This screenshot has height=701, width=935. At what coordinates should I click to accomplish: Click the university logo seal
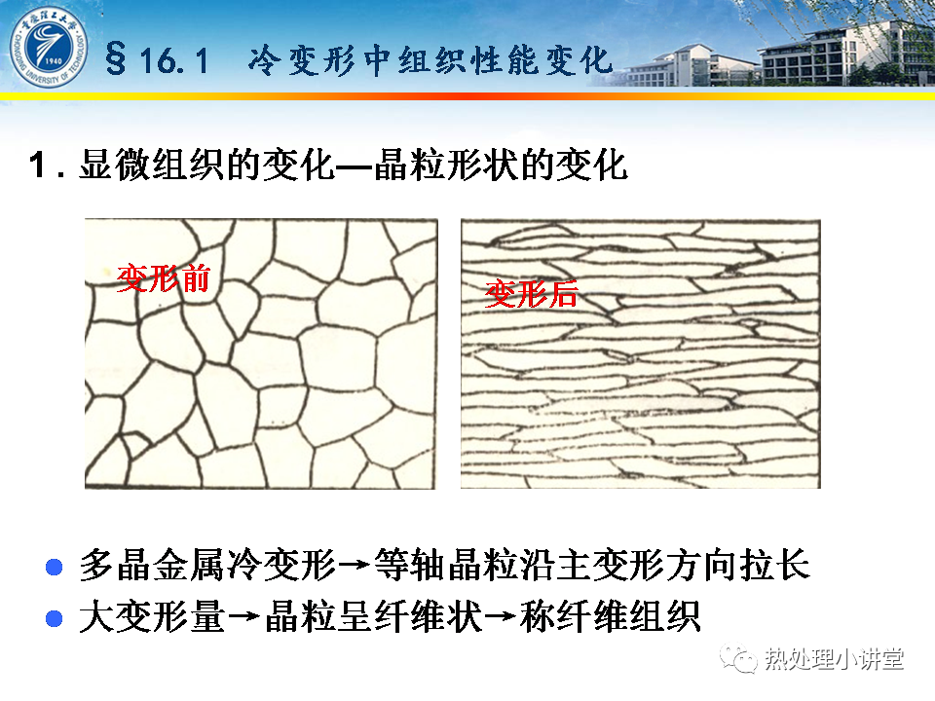[x=49, y=47]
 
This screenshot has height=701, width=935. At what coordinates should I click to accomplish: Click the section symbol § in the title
[x=116, y=59]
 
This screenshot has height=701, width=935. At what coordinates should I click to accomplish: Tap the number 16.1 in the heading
[x=174, y=60]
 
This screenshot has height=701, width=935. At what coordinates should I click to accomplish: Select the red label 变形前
[x=164, y=279]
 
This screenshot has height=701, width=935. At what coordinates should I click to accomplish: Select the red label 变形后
[x=532, y=294]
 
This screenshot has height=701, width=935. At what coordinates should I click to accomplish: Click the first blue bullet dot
[x=55, y=567]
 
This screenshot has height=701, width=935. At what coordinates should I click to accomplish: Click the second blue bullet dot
[x=55, y=618]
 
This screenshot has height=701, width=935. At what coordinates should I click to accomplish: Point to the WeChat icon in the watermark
[x=738, y=659]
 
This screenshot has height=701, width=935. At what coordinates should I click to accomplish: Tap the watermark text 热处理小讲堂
[x=835, y=659]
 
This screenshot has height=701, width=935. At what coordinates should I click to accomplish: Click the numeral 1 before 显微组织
[x=38, y=165]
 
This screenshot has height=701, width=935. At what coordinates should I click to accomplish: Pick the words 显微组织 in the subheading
[x=153, y=165]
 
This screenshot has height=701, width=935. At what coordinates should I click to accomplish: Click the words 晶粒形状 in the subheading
[x=447, y=165]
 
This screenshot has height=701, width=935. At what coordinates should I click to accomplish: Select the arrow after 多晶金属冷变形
[x=355, y=565]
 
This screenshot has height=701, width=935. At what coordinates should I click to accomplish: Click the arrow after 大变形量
[x=245, y=616]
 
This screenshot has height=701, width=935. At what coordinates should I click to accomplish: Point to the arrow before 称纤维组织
[x=501, y=616]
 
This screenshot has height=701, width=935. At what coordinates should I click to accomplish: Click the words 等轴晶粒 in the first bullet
[x=447, y=565]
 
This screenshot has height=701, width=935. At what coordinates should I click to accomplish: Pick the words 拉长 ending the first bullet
[x=774, y=565]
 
